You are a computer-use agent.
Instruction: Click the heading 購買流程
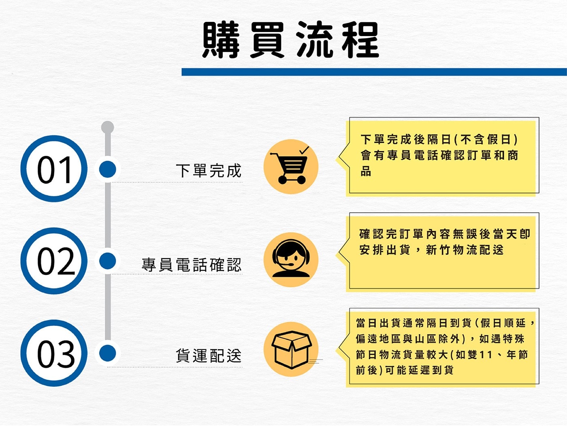(291, 40)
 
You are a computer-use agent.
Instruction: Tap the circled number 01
(54, 169)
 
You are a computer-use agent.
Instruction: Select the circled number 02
(54, 261)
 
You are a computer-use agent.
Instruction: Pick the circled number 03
(54, 353)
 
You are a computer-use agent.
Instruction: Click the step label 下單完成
(209, 171)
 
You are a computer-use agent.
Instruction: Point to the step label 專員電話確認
(192, 265)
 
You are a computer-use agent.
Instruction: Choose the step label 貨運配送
(209, 356)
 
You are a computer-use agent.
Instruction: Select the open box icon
(291, 349)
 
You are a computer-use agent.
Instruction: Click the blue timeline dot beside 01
(107, 169)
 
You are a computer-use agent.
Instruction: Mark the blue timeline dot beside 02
(107, 261)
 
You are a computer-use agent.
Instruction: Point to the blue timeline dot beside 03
(107, 353)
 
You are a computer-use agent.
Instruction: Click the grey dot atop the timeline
(107, 127)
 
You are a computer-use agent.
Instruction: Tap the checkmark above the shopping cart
(304, 150)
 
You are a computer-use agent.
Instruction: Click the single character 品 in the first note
(366, 171)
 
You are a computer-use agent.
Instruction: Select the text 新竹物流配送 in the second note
(465, 250)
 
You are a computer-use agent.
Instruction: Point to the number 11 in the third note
(486, 355)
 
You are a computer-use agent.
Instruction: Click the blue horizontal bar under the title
(374, 72)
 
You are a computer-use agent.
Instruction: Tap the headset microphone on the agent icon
(287, 264)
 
